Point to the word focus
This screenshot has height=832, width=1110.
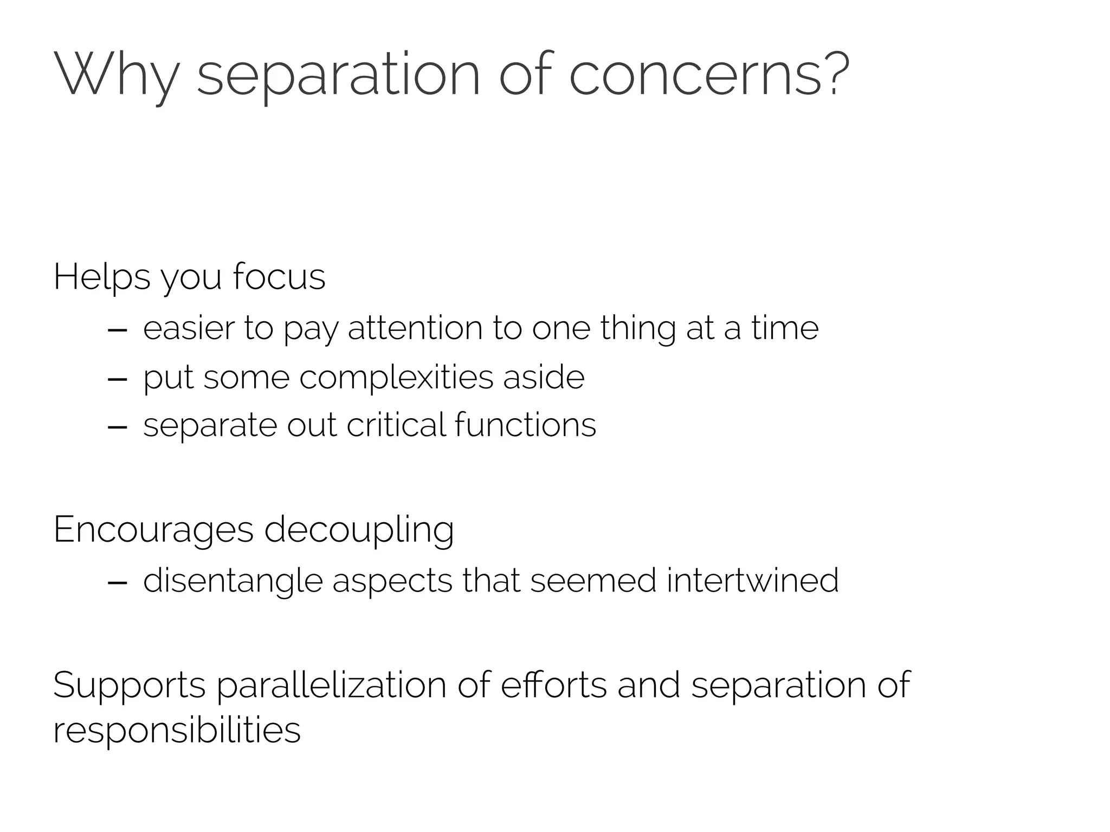point(279,277)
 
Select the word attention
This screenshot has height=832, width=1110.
point(415,329)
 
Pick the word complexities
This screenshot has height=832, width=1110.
point(396,378)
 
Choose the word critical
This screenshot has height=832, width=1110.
point(396,425)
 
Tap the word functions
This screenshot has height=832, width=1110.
point(525,425)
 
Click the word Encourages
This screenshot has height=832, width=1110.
point(153,530)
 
